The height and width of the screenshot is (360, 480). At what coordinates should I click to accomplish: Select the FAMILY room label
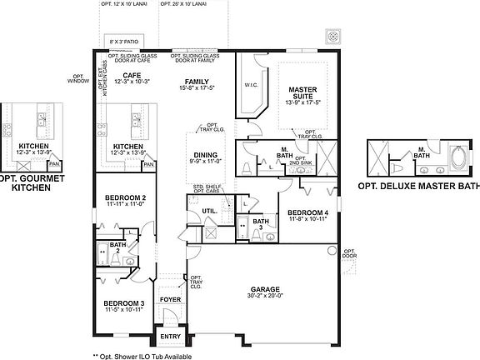[x=197, y=82]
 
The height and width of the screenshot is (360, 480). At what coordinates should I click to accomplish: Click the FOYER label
[x=170, y=298]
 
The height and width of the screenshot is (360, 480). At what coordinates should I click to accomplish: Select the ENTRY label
[x=170, y=336]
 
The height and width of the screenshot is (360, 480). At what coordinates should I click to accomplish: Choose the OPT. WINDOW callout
[x=80, y=80]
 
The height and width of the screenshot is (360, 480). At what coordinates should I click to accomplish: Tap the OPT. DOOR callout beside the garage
[x=349, y=252]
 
